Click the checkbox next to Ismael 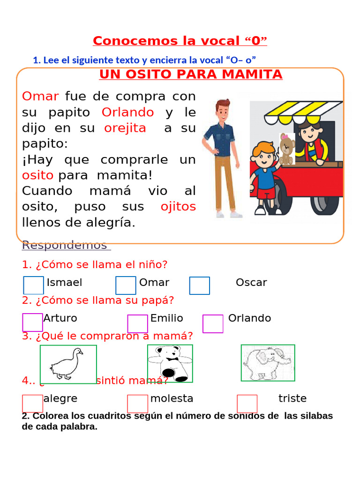33,285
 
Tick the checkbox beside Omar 126,285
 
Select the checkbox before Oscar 200,285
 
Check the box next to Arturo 32,322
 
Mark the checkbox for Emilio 137,324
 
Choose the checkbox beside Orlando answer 213,324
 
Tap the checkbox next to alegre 32,404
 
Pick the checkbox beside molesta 137,404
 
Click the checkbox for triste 247,404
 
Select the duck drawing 68,364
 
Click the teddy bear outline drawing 170,363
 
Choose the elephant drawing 268,363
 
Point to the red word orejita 125,128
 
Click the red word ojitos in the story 178,207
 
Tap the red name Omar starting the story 40,97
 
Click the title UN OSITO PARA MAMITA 191,75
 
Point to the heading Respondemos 65,245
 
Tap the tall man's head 223,109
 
